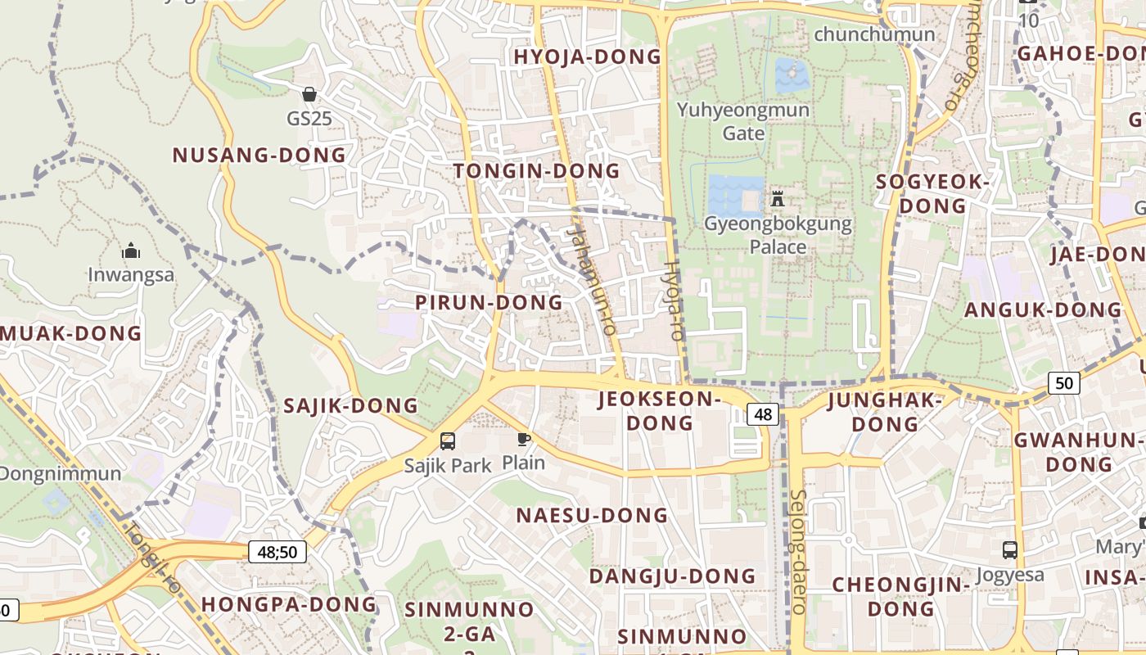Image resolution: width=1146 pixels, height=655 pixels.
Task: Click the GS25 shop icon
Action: pyautogui.click(x=309, y=95)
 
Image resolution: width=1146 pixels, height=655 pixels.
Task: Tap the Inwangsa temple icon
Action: pyautogui.click(x=131, y=251)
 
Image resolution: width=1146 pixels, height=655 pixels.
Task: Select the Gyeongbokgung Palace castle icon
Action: pyautogui.click(x=777, y=198)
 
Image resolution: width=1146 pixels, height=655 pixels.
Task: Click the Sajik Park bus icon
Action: pyautogui.click(x=448, y=441)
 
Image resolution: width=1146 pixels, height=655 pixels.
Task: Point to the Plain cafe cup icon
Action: pyautogui.click(x=524, y=440)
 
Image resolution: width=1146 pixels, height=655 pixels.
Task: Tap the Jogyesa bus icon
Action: pyautogui.click(x=1010, y=550)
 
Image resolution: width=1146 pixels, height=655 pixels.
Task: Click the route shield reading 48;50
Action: pyautogui.click(x=277, y=552)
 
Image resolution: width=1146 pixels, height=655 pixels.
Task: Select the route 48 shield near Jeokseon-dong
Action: pyautogui.click(x=762, y=414)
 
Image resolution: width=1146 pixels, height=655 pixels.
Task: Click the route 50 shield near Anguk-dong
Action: pyautogui.click(x=1063, y=382)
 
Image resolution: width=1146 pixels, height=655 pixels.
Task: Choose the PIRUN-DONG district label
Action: pyautogui.click(x=489, y=302)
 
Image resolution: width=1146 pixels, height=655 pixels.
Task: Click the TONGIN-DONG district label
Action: pyautogui.click(x=536, y=170)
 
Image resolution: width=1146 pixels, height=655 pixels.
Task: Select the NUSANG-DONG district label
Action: pyautogui.click(x=259, y=155)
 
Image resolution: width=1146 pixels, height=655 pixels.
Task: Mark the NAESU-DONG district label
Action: pyautogui.click(x=592, y=515)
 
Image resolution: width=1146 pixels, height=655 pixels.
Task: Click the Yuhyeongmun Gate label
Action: pyautogui.click(x=743, y=121)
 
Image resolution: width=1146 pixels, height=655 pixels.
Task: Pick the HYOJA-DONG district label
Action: pyautogui.click(x=587, y=56)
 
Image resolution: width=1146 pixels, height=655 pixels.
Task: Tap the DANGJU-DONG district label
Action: pyautogui.click(x=672, y=576)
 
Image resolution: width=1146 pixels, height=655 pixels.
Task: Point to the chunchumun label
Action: pyautogui.click(x=874, y=34)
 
